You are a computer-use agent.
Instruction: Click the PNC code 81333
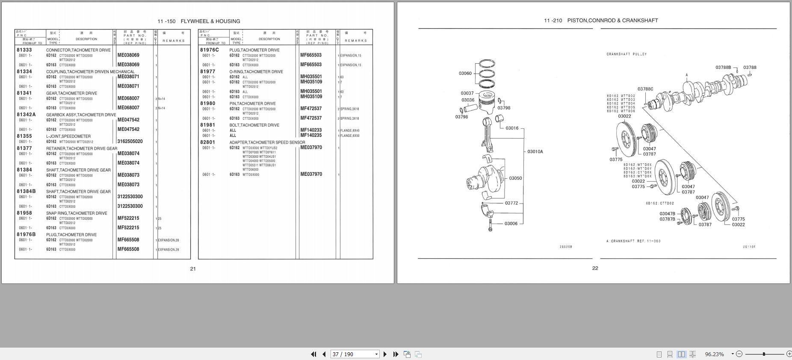click(x=24, y=50)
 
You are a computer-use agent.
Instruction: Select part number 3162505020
click(x=130, y=142)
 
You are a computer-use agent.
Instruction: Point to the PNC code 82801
click(x=208, y=142)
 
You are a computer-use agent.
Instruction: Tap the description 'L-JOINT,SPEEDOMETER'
click(x=68, y=136)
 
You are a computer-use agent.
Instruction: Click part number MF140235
click(x=311, y=136)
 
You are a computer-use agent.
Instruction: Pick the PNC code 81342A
click(x=26, y=115)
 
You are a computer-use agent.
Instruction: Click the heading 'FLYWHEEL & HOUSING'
click(x=210, y=21)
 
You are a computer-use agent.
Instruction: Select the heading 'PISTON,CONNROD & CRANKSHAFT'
click(x=612, y=21)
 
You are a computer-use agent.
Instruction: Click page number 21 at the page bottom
click(x=193, y=269)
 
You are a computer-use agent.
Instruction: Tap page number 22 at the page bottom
click(x=595, y=269)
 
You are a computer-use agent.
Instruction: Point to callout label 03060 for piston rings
click(x=465, y=74)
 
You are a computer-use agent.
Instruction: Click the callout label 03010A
click(x=535, y=152)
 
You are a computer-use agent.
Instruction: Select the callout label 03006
click(x=511, y=224)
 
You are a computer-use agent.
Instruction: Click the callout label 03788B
click(x=724, y=68)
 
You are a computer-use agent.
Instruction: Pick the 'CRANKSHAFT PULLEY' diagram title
click(x=627, y=54)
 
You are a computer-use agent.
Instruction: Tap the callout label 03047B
click(x=667, y=214)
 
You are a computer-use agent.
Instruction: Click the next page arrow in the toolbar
click(x=385, y=354)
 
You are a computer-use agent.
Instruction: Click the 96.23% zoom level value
click(x=714, y=354)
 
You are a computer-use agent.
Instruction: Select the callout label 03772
click(x=511, y=203)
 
